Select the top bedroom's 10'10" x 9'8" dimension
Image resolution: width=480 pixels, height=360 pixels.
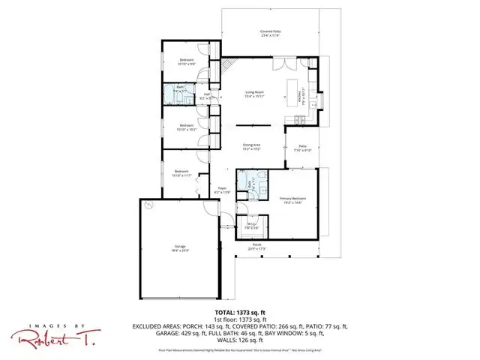186,64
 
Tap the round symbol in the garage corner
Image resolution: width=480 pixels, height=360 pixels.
148,205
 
